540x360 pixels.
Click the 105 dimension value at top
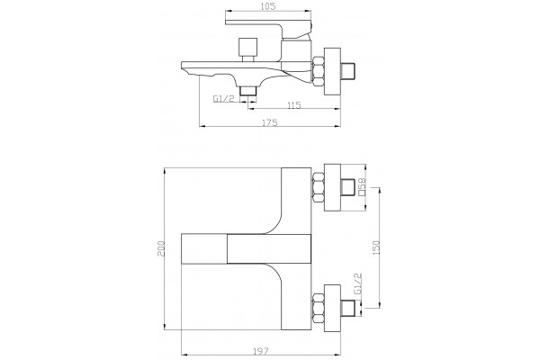click(268, 6)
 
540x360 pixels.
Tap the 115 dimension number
click(293, 104)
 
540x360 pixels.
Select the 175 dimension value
click(270, 122)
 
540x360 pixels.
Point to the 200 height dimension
click(161, 248)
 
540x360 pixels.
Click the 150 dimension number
click(376, 247)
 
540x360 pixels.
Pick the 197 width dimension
click(261, 351)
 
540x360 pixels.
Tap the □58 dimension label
click(362, 186)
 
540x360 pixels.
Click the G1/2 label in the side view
click(223, 99)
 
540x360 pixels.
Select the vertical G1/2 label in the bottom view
click(358, 283)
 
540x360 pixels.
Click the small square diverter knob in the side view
click(248, 47)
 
